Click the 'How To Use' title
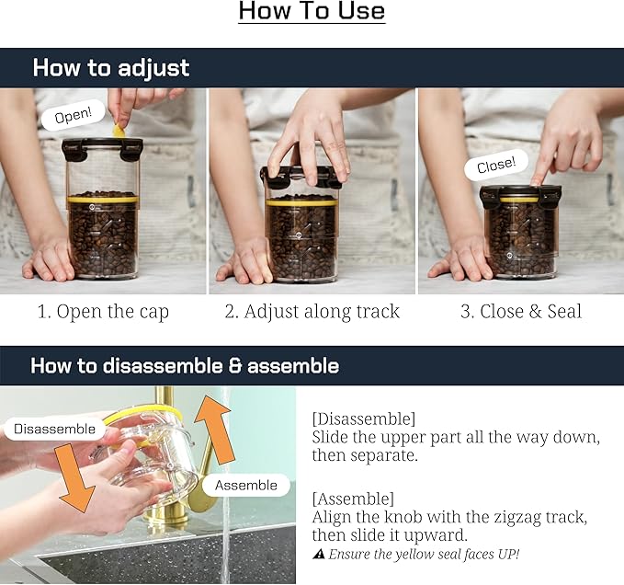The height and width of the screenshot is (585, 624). [x=312, y=11]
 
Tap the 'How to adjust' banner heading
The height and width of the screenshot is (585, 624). [x=111, y=68]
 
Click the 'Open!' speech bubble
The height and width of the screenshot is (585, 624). [x=74, y=115]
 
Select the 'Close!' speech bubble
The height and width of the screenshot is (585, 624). [x=496, y=165]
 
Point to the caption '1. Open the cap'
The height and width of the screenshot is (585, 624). [x=103, y=312]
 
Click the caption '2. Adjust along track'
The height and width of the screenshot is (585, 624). [x=312, y=312]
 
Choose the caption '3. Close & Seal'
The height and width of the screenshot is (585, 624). [x=521, y=311]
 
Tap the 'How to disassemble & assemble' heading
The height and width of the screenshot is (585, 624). [x=185, y=365]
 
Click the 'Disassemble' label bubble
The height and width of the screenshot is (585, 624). [x=55, y=429]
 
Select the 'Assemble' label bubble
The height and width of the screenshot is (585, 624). [x=246, y=485]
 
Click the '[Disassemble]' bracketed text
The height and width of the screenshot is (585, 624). [x=363, y=419]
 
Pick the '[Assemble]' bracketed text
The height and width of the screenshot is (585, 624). [x=353, y=499]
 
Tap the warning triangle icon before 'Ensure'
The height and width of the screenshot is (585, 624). [x=318, y=554]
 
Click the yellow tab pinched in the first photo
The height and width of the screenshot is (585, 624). [x=119, y=131]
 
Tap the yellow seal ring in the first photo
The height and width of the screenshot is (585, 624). [x=103, y=199]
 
